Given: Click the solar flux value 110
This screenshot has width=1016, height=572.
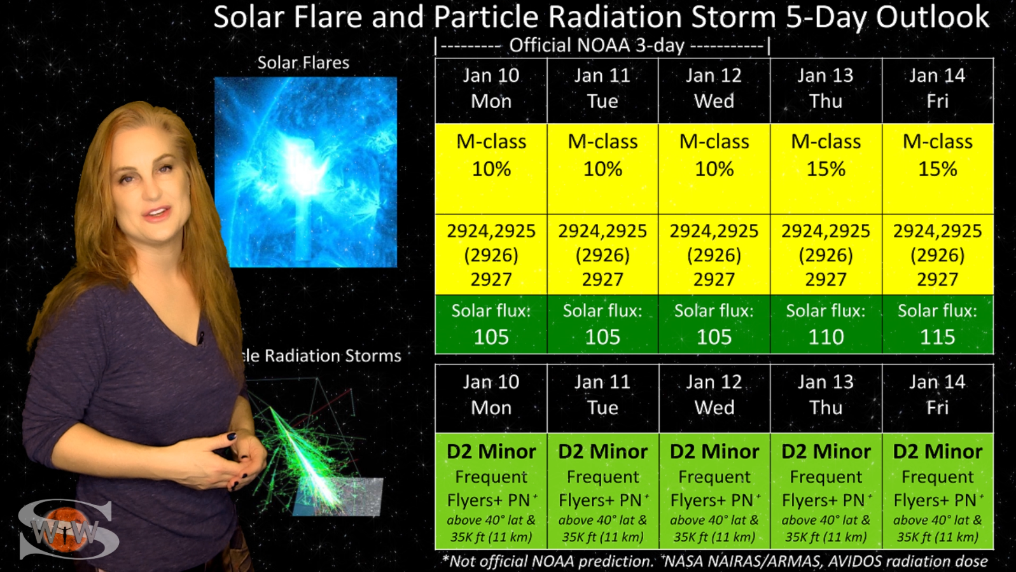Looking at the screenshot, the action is (826, 337).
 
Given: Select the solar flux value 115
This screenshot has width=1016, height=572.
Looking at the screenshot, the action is (937, 337).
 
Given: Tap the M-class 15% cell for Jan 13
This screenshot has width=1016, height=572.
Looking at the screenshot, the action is (826, 169).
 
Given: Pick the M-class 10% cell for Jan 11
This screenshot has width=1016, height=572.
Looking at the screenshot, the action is (603, 169).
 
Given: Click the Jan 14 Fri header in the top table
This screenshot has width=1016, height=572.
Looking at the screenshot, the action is (938, 88).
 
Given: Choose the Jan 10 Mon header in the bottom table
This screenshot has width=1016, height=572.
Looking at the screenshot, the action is (491, 395).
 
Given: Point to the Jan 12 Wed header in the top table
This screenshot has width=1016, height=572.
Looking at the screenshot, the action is (714, 88).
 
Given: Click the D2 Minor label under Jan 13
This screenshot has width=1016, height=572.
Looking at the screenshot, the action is (826, 452).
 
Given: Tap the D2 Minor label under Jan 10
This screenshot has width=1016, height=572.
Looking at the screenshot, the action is (491, 452).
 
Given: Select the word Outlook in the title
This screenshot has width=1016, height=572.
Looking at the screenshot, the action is (932, 17).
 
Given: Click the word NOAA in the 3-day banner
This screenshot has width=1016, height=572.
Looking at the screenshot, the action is (595, 45).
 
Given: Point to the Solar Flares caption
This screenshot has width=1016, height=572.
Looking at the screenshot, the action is (303, 62).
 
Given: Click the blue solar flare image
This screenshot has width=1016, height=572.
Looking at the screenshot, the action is (306, 172).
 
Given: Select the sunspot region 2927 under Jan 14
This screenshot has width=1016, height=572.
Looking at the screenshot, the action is (938, 279).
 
